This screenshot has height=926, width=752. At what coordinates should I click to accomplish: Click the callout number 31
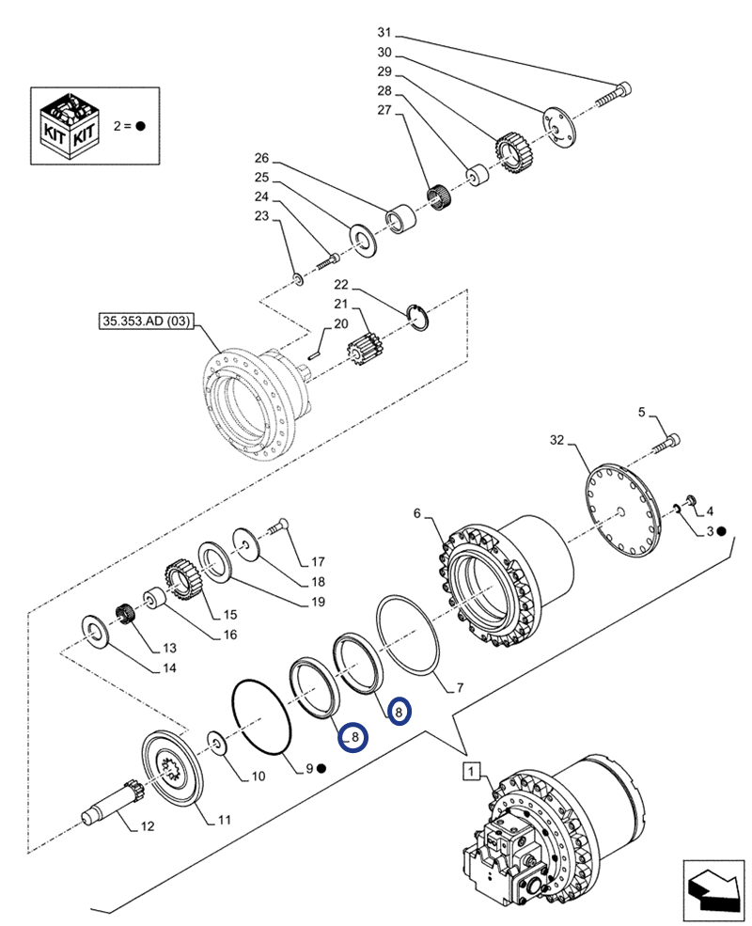click(384, 35)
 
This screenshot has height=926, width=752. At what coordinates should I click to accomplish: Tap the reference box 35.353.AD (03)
click(145, 322)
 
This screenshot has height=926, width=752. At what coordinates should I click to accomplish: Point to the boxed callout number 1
click(471, 772)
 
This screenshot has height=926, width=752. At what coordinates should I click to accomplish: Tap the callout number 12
click(148, 826)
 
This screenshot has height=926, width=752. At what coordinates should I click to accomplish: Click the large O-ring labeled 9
click(262, 716)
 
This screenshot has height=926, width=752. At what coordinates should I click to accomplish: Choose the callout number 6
click(418, 513)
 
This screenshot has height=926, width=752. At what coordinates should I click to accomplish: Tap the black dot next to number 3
click(722, 532)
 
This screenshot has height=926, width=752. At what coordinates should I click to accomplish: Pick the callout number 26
click(261, 157)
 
